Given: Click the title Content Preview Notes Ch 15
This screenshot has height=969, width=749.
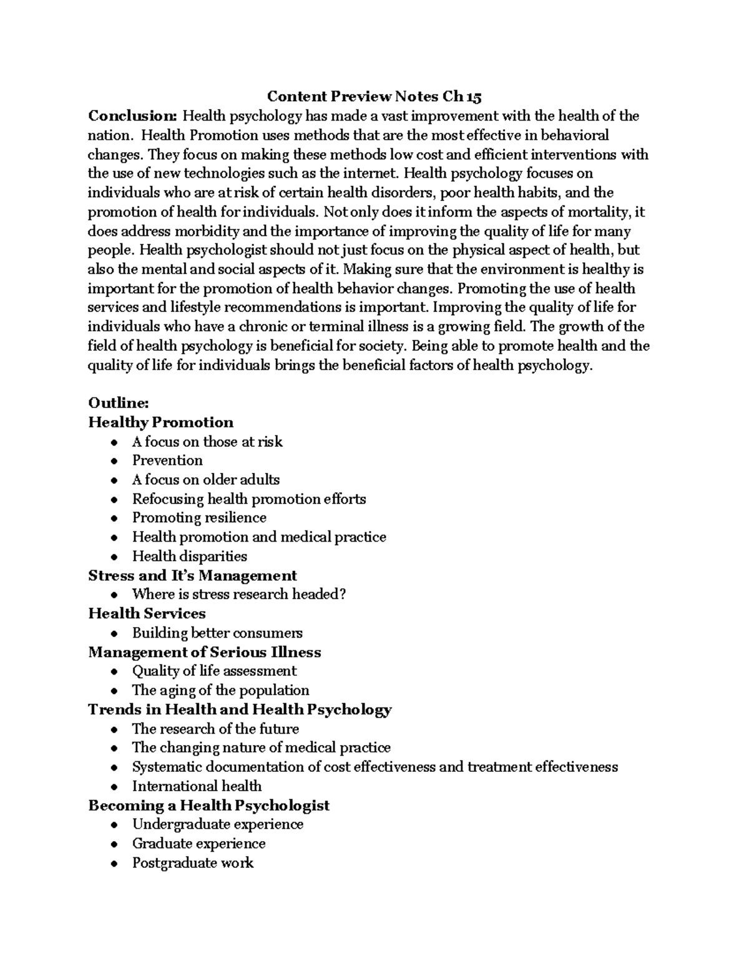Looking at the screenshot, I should tap(374, 97).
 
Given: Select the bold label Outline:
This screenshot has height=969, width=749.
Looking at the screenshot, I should tap(119, 403).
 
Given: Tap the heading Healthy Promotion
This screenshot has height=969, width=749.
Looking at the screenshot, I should tap(161, 422).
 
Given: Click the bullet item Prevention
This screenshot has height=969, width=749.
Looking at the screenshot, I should tap(167, 460).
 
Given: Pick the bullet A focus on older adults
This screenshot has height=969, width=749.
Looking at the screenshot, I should tap(205, 480).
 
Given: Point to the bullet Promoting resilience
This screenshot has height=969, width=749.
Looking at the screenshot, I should tap(199, 518).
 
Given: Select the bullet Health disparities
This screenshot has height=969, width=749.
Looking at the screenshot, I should tap(189, 556).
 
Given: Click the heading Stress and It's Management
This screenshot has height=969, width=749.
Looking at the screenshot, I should tap(192, 575).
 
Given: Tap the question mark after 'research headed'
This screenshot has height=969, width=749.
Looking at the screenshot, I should tap(342, 595).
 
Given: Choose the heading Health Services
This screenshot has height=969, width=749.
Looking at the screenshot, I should tap(147, 613).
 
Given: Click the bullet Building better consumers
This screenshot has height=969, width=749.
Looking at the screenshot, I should tap(217, 633).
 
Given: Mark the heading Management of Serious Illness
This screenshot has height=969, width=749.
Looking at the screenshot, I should tap(205, 652).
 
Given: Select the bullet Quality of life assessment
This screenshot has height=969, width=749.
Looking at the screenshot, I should tap(214, 671).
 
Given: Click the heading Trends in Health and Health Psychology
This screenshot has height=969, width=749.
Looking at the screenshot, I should tap(240, 709).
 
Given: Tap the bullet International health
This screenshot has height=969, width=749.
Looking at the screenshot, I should tap(197, 786).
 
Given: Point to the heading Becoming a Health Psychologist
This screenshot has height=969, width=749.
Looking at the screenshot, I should tap(208, 806).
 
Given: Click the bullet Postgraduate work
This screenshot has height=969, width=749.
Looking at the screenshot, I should tap(192, 863).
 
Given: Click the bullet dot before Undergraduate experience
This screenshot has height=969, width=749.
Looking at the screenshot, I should tap(113, 825).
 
